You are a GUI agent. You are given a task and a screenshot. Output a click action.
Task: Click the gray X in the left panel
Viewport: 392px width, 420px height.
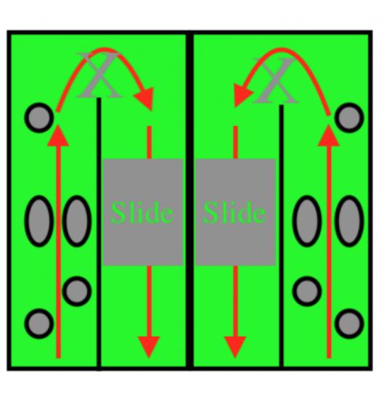click(99, 75)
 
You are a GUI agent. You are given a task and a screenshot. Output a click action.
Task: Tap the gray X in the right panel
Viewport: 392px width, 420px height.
click(276, 81)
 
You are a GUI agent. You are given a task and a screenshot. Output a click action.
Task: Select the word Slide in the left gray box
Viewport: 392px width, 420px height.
click(142, 213)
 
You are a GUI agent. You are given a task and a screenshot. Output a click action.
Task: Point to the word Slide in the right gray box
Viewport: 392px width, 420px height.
click(234, 213)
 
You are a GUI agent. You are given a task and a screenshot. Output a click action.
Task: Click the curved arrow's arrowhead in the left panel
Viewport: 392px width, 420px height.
click(144, 98)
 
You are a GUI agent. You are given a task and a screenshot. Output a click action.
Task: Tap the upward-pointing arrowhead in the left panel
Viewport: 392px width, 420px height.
click(58, 136)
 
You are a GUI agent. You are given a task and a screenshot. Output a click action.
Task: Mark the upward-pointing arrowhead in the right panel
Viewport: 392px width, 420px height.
click(329, 136)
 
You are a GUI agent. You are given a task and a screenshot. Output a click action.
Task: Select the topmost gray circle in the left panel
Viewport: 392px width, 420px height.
click(39, 118)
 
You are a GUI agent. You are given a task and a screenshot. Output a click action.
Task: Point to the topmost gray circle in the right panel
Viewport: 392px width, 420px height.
click(349, 118)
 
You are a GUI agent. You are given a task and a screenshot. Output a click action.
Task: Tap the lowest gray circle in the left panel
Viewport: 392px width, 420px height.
click(39, 324)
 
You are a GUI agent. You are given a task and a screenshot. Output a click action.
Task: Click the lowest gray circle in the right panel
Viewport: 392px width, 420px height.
click(349, 324)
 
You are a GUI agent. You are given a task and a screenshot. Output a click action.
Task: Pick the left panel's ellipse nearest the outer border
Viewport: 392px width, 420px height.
click(39, 221)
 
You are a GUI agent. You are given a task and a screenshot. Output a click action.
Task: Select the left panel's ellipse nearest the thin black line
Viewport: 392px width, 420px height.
click(77, 221)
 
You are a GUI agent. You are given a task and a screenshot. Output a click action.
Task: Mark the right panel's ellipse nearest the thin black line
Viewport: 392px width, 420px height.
click(307, 221)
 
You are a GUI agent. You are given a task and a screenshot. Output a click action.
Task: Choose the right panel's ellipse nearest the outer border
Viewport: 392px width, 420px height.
click(349, 221)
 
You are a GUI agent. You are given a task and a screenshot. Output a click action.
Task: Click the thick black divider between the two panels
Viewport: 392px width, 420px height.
click(189, 200)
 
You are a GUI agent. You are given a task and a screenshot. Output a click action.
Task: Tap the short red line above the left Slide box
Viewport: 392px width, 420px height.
click(150, 142)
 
